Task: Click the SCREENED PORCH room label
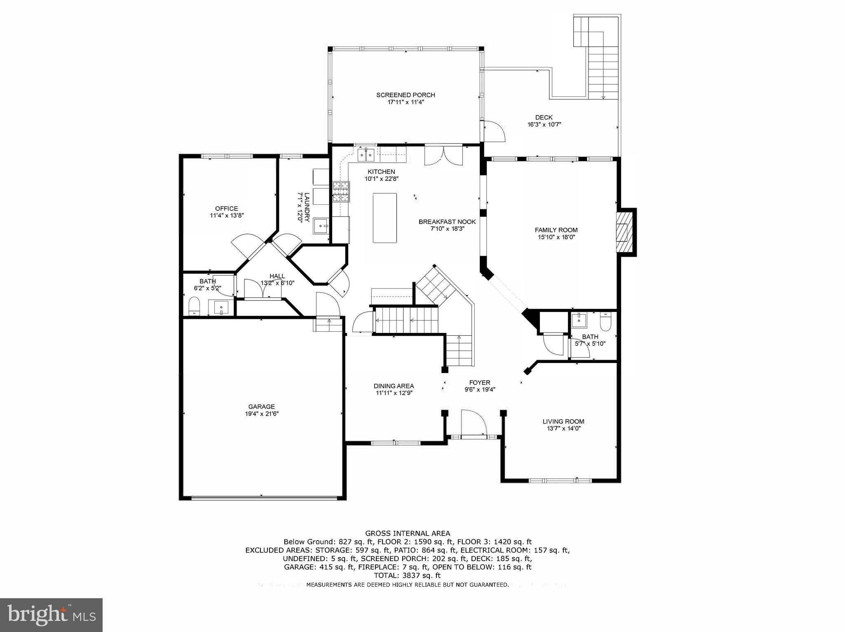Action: (406, 95)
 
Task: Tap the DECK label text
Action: (544, 117)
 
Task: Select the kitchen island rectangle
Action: (385, 218)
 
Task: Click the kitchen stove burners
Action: (341, 192)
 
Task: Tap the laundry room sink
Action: (321, 226)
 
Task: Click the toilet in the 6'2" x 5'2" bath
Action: (194, 307)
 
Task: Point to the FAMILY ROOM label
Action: (556, 230)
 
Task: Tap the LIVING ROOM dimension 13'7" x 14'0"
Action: (563, 428)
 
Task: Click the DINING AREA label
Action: (394, 386)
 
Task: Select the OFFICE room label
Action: (226, 208)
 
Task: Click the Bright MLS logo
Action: (51, 615)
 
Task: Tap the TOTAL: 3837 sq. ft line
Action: (407, 576)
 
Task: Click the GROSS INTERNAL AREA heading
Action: (407, 534)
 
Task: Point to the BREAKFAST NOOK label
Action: (447, 222)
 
